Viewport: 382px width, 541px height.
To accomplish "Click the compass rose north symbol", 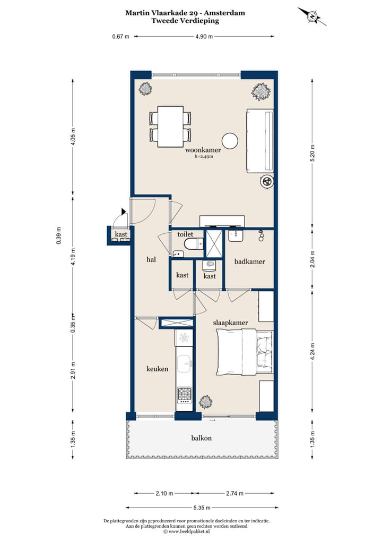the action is coord(312,16).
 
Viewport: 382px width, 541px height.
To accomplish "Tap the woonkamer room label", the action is coord(203,150).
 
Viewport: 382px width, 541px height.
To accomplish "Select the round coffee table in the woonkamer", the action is coord(230,141).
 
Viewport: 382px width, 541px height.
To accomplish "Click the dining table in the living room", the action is coord(170,126).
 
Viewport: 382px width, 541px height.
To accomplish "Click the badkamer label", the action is coord(250,261).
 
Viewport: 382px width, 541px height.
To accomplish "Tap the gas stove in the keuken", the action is coord(184,394).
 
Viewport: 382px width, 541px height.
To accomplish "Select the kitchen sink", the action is coord(184,364).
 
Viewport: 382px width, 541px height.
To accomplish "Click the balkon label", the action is coord(202,438).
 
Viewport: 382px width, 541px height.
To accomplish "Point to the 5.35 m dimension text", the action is coord(202,508).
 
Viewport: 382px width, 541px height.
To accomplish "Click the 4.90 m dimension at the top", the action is coord(204,36).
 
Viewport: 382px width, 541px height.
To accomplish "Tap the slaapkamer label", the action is coord(230,323).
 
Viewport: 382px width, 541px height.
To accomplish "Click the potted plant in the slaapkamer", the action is coord(205,401).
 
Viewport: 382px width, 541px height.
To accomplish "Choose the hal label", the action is coord(151,259).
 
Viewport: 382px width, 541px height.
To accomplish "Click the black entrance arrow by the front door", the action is coord(123,211).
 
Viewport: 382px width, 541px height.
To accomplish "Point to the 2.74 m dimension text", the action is coord(235,493).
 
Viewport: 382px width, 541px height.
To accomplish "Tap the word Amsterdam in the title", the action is coord(224,13).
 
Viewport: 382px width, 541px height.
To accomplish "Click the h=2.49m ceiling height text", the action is coord(204,156).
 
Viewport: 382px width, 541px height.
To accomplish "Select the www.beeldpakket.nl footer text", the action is coord(188,531).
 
